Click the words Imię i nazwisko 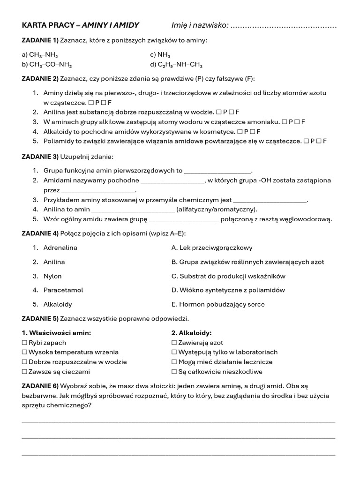(199, 25)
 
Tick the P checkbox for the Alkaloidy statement (240, 131)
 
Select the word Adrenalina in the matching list (60, 247)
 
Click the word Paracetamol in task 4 (63, 290)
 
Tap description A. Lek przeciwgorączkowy (212, 247)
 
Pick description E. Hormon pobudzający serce (218, 304)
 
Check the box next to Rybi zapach (25, 343)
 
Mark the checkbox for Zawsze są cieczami (25, 372)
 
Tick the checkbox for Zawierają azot (174, 343)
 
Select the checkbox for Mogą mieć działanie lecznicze (174, 362)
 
